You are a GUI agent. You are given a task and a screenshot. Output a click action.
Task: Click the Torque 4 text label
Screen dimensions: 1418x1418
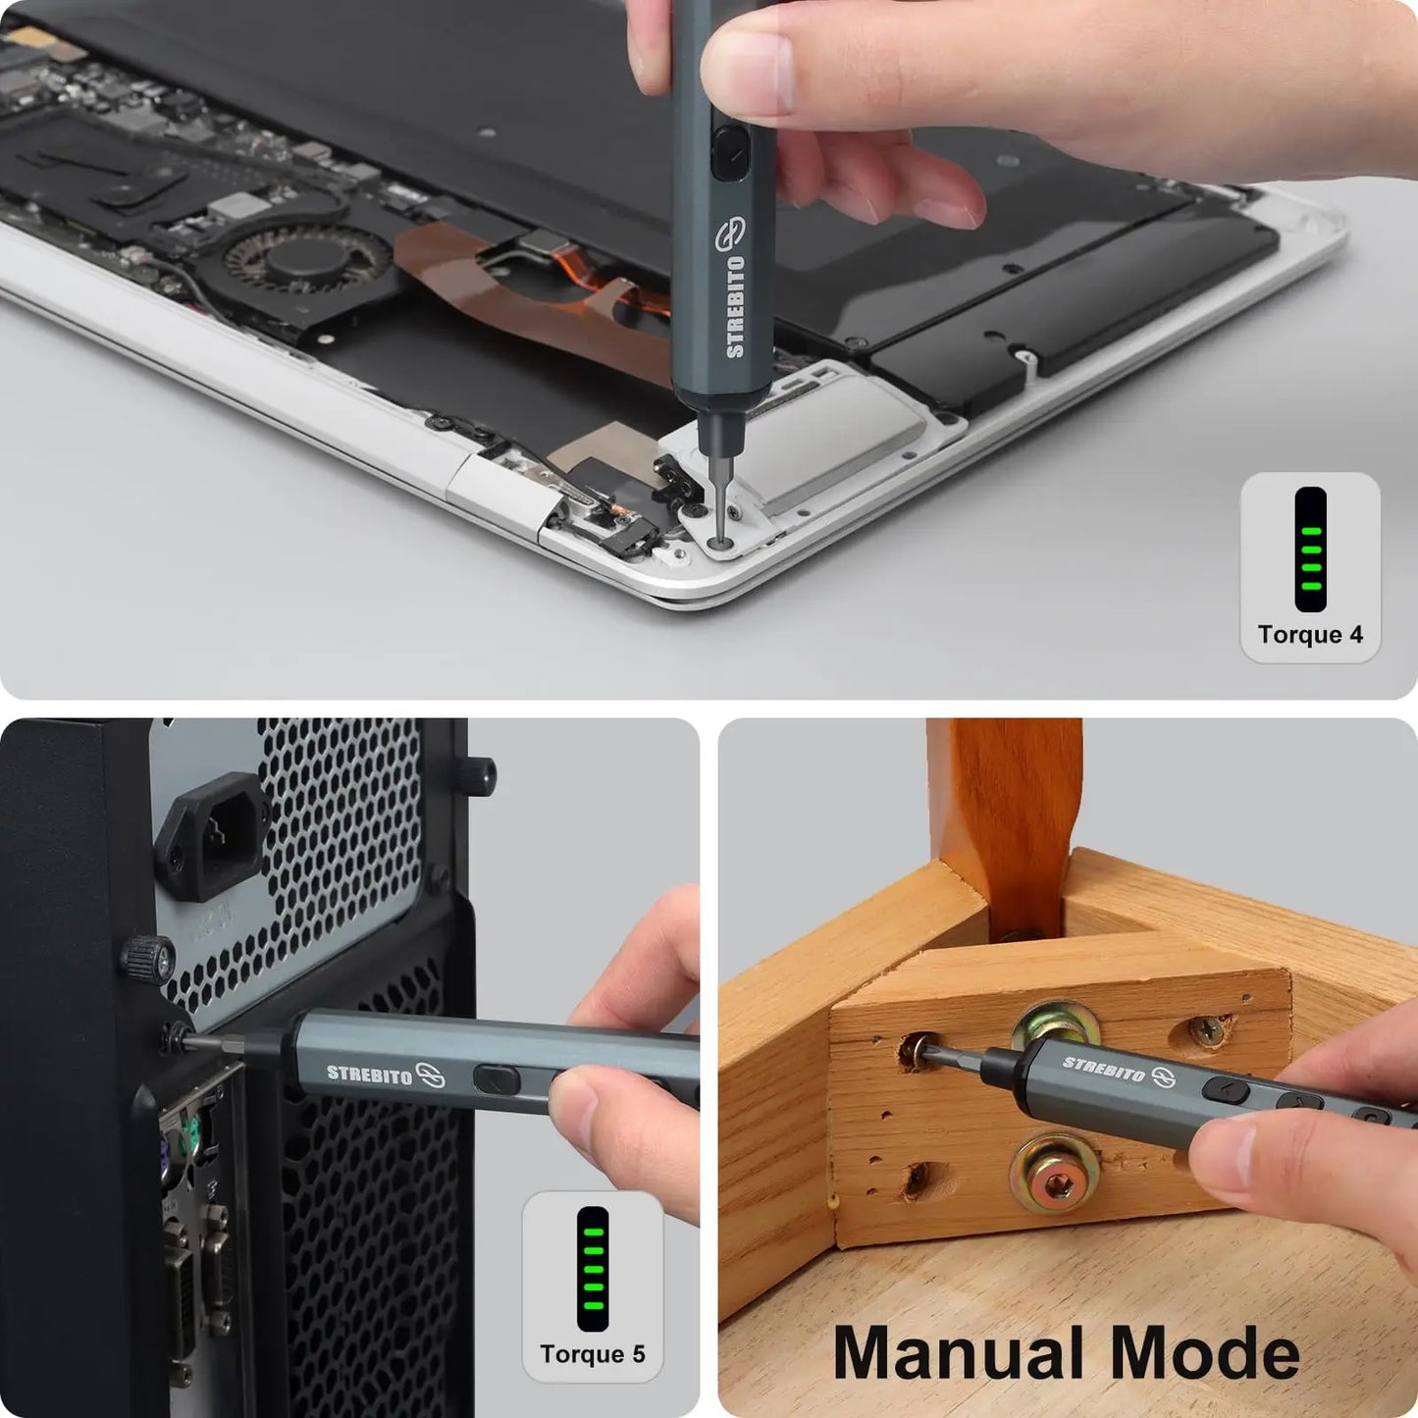point(1310,635)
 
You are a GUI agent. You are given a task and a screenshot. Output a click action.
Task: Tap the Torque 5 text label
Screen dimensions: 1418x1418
point(592,1354)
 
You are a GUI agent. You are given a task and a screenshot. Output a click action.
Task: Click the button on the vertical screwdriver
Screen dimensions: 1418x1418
point(728,152)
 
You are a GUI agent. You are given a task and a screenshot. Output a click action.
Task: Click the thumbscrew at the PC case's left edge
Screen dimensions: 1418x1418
point(147,958)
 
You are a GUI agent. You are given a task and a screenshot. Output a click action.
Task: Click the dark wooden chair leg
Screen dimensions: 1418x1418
point(1006,814)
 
